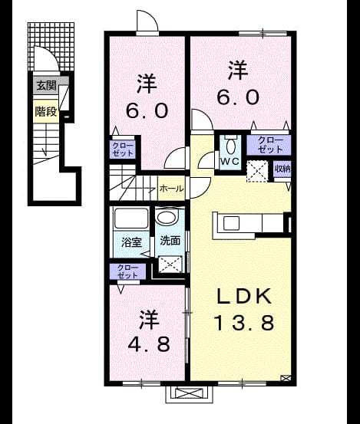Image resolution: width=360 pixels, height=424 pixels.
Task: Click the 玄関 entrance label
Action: (46, 86)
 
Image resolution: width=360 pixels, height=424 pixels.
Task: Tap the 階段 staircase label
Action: (46, 111)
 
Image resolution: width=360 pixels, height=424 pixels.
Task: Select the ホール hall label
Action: (171, 189)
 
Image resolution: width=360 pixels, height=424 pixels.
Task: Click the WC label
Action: (230, 162)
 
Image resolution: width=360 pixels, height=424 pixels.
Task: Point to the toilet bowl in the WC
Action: (230, 146)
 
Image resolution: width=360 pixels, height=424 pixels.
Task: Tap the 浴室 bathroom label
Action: (131, 242)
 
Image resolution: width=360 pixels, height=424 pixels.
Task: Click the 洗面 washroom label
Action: (170, 241)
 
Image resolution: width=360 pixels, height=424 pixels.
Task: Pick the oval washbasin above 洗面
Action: (167, 218)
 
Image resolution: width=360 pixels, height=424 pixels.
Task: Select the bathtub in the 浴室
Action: (131, 218)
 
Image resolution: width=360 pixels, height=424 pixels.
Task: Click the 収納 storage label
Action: (282, 169)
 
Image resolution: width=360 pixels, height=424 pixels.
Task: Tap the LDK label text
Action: (244, 297)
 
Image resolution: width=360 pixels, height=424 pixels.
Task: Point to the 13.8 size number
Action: (244, 323)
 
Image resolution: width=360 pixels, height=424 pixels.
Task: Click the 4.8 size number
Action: (149, 344)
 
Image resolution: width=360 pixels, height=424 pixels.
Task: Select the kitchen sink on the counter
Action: (231, 223)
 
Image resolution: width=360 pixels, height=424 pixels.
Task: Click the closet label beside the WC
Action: (270, 145)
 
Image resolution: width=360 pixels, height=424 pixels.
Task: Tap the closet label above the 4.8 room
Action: (127, 271)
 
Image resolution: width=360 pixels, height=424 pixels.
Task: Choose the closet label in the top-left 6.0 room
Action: (123, 150)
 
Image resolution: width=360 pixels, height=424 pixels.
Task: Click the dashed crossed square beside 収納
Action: (257, 172)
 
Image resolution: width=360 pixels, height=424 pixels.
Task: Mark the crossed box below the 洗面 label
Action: (170, 265)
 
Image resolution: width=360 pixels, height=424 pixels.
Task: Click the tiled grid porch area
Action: (51, 46)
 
